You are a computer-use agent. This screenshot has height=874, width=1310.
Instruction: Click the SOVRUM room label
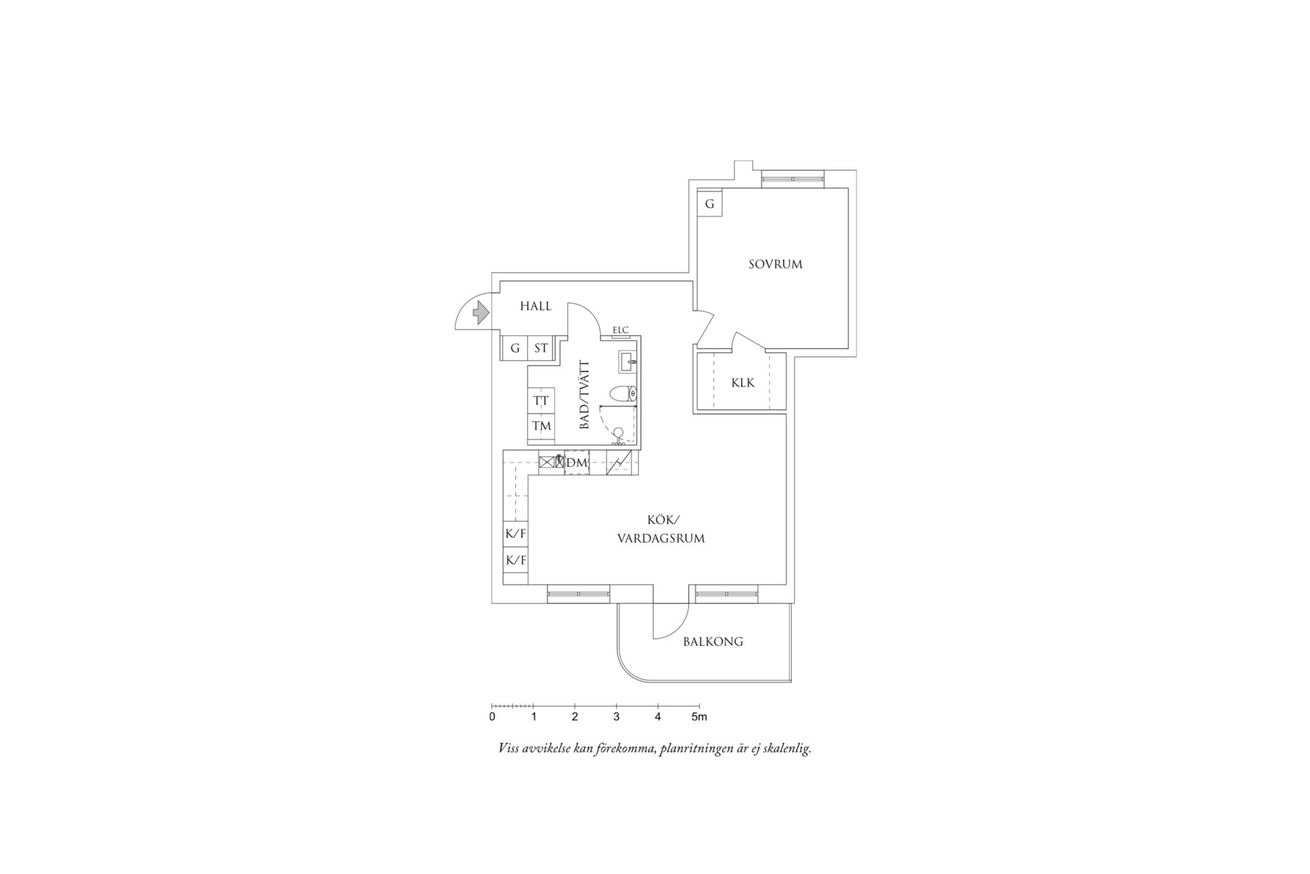coord(775,264)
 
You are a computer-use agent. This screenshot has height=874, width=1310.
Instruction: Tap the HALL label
coord(535,306)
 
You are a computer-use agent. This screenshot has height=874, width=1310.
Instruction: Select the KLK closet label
coord(743,383)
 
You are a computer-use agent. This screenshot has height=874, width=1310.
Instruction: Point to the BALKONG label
coord(712,641)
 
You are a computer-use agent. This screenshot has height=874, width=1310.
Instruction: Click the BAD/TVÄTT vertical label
coord(585,395)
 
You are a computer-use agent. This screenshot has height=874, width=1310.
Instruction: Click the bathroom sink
coord(627,362)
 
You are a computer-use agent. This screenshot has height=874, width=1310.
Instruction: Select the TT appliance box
coord(541,401)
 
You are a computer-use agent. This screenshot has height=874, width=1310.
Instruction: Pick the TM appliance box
coord(541,426)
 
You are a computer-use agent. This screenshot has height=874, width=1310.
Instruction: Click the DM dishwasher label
coord(578,462)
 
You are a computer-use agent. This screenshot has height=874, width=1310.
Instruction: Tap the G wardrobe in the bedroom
coord(709,204)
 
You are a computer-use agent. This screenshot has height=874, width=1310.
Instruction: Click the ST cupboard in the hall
coord(541,348)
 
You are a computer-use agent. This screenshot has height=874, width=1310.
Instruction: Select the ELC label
coord(620,330)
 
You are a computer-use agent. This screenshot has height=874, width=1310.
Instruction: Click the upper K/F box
coord(515,534)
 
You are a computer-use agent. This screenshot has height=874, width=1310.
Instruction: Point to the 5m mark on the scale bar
coord(698,716)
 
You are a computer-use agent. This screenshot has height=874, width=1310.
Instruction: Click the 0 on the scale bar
coord(492,716)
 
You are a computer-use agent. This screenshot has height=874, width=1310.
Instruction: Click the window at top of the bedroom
coord(793,177)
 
